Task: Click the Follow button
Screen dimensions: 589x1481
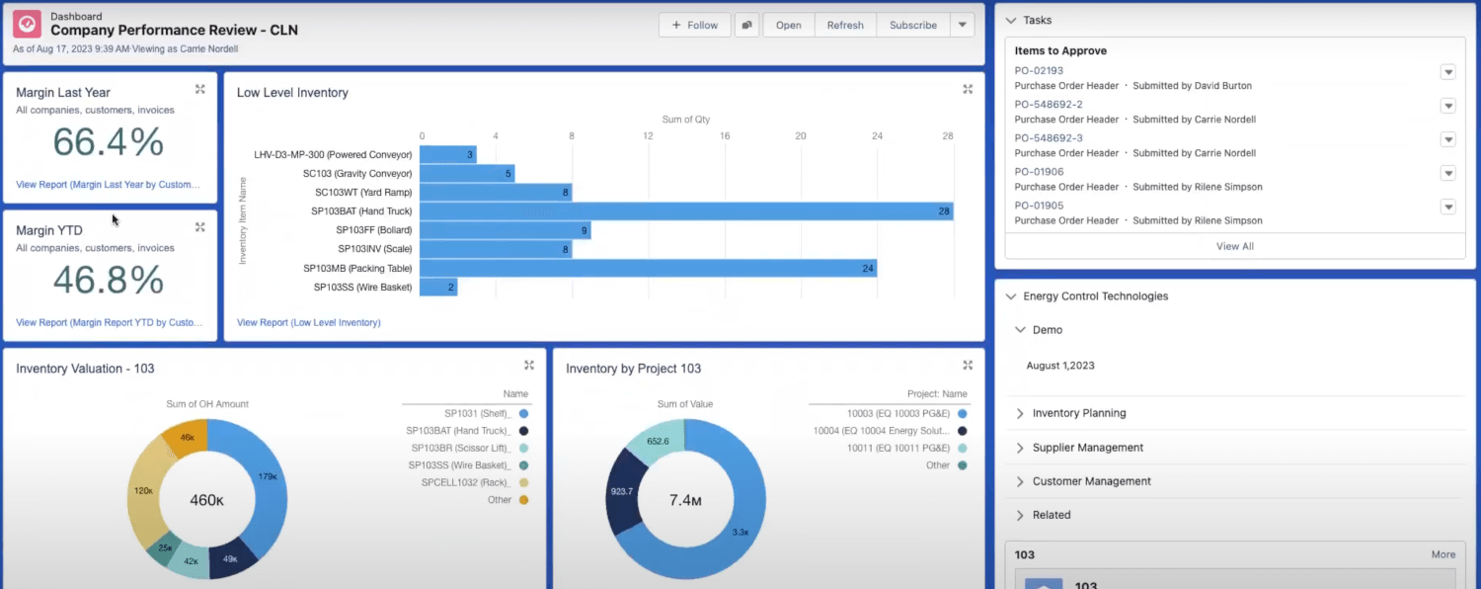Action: [x=694, y=26]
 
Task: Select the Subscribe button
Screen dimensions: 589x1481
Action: [x=912, y=26]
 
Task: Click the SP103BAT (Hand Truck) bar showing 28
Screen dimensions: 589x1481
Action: [x=685, y=211]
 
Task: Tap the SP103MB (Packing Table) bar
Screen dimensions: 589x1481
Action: [x=648, y=268]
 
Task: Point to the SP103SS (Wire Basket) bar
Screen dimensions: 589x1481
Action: [x=437, y=287]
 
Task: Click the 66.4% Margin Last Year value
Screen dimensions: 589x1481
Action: [x=109, y=143]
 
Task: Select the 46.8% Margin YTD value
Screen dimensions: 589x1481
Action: [x=109, y=281]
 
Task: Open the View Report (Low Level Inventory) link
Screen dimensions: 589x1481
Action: [x=308, y=322]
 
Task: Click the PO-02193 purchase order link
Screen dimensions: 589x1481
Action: [x=1039, y=70]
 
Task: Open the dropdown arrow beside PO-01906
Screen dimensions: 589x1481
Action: [x=1447, y=174]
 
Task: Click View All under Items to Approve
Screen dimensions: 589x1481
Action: [x=1234, y=246]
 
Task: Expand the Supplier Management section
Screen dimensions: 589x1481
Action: [x=1087, y=448]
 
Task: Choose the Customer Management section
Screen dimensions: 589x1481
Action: [x=1091, y=481]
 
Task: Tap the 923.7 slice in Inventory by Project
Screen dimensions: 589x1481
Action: [x=622, y=490]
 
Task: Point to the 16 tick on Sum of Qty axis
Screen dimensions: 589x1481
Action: [x=725, y=136]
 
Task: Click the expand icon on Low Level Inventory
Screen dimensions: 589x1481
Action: [x=968, y=90]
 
